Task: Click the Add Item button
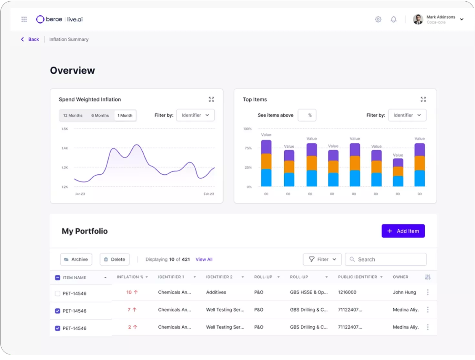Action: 403,231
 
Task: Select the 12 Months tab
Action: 73,116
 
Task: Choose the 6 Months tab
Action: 100,116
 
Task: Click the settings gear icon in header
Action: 378,19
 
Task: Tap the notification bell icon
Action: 393,19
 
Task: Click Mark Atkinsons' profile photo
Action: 418,19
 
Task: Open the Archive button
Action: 76,259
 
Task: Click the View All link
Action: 204,259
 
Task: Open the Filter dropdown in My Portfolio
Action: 322,259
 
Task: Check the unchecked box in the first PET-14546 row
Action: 57,293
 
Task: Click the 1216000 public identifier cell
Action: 347,292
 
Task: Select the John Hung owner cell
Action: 404,292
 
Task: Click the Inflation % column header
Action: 130,277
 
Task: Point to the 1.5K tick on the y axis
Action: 65,129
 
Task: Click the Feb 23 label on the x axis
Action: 208,194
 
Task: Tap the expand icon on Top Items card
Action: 423,99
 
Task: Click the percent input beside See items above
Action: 307,115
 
